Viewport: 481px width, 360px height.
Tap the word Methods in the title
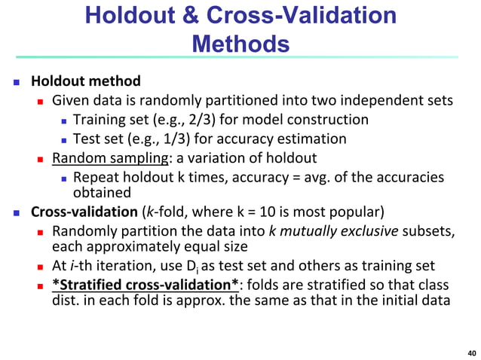tap(240, 44)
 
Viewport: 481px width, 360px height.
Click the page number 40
tap(471, 352)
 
